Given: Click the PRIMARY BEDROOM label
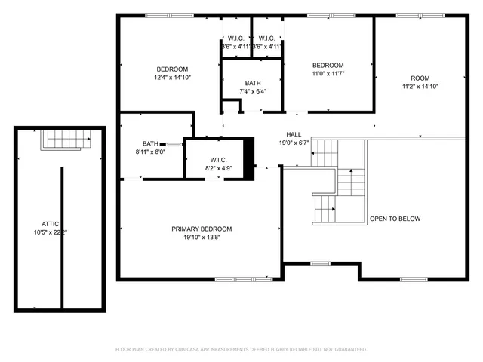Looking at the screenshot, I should pyautogui.click(x=202, y=229).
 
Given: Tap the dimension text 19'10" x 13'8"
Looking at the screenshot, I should pyautogui.click(x=202, y=237).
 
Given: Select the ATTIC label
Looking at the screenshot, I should pyautogui.click(x=50, y=224).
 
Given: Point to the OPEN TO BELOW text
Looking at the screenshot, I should pyautogui.click(x=395, y=219).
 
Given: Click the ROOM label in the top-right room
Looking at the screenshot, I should pyautogui.click(x=420, y=78).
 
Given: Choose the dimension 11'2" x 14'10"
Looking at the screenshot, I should pyautogui.click(x=420, y=87).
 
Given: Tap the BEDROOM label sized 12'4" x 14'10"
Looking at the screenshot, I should pyautogui.click(x=171, y=69).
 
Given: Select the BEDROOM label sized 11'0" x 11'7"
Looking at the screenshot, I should pyautogui.click(x=328, y=65).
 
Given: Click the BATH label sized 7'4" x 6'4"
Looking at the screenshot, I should pyautogui.click(x=253, y=83).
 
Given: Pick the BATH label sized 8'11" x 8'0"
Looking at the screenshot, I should pyautogui.click(x=150, y=143).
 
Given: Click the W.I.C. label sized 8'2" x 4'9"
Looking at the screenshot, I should pyautogui.click(x=219, y=159).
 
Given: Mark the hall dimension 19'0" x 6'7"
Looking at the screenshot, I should pyautogui.click(x=294, y=143).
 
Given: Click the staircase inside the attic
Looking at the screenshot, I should pyautogui.click(x=65, y=139).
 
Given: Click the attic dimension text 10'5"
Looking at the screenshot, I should pyautogui.click(x=42, y=232).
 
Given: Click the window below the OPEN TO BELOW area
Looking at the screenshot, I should pyautogui.click(x=411, y=279).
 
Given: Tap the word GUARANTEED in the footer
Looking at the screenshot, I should pyautogui.click(x=348, y=349).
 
